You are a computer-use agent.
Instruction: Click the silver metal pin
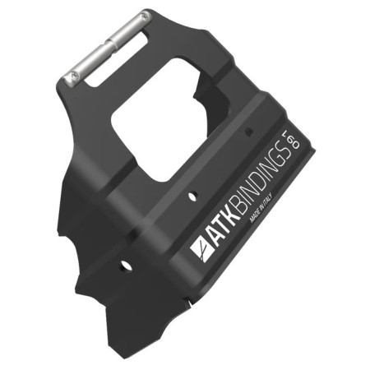tap(109, 49)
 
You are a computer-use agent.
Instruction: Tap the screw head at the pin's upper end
tap(145, 16)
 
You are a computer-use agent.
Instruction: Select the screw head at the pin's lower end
tap(69, 80)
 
